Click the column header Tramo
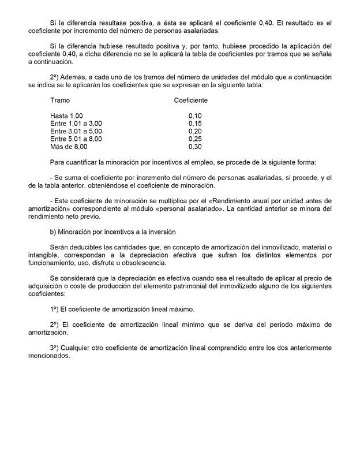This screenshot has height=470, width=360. click(60, 100)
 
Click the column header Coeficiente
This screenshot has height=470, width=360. click(191, 100)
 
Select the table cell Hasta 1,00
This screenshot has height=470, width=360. click(66, 116)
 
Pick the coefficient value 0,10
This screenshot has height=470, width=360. click(195, 116)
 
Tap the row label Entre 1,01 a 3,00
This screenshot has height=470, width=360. click(76, 124)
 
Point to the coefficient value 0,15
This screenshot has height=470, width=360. click(195, 124)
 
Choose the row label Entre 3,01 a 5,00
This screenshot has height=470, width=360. click(76, 131)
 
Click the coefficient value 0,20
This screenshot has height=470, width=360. click(195, 131)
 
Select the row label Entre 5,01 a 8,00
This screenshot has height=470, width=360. click(76, 139)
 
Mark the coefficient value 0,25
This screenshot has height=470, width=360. click(195, 139)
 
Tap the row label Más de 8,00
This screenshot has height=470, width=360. click(69, 146)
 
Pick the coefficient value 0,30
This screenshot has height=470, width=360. click(195, 146)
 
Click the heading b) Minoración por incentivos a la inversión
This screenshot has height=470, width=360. click(113, 232)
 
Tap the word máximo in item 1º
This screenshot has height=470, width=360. click(181, 309)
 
